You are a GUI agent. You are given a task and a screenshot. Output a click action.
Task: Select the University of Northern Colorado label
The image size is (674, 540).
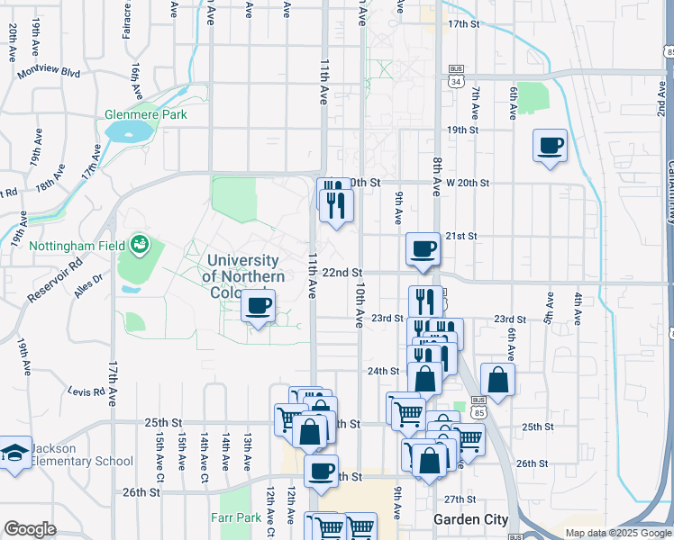(244, 268)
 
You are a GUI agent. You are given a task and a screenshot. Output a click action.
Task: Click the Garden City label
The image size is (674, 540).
(470, 519)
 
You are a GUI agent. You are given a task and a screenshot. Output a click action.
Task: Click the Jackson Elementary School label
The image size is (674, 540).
(82, 454)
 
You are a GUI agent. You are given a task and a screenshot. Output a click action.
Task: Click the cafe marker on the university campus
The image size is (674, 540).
(259, 307)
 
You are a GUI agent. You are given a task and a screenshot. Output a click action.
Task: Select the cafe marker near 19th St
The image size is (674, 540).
(550, 145)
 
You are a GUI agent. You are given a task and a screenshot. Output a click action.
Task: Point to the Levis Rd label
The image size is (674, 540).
(87, 391)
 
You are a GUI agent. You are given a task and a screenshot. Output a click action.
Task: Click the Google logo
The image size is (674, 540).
(30, 529)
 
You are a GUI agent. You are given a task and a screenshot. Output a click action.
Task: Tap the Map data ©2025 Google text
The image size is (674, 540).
(617, 533)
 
